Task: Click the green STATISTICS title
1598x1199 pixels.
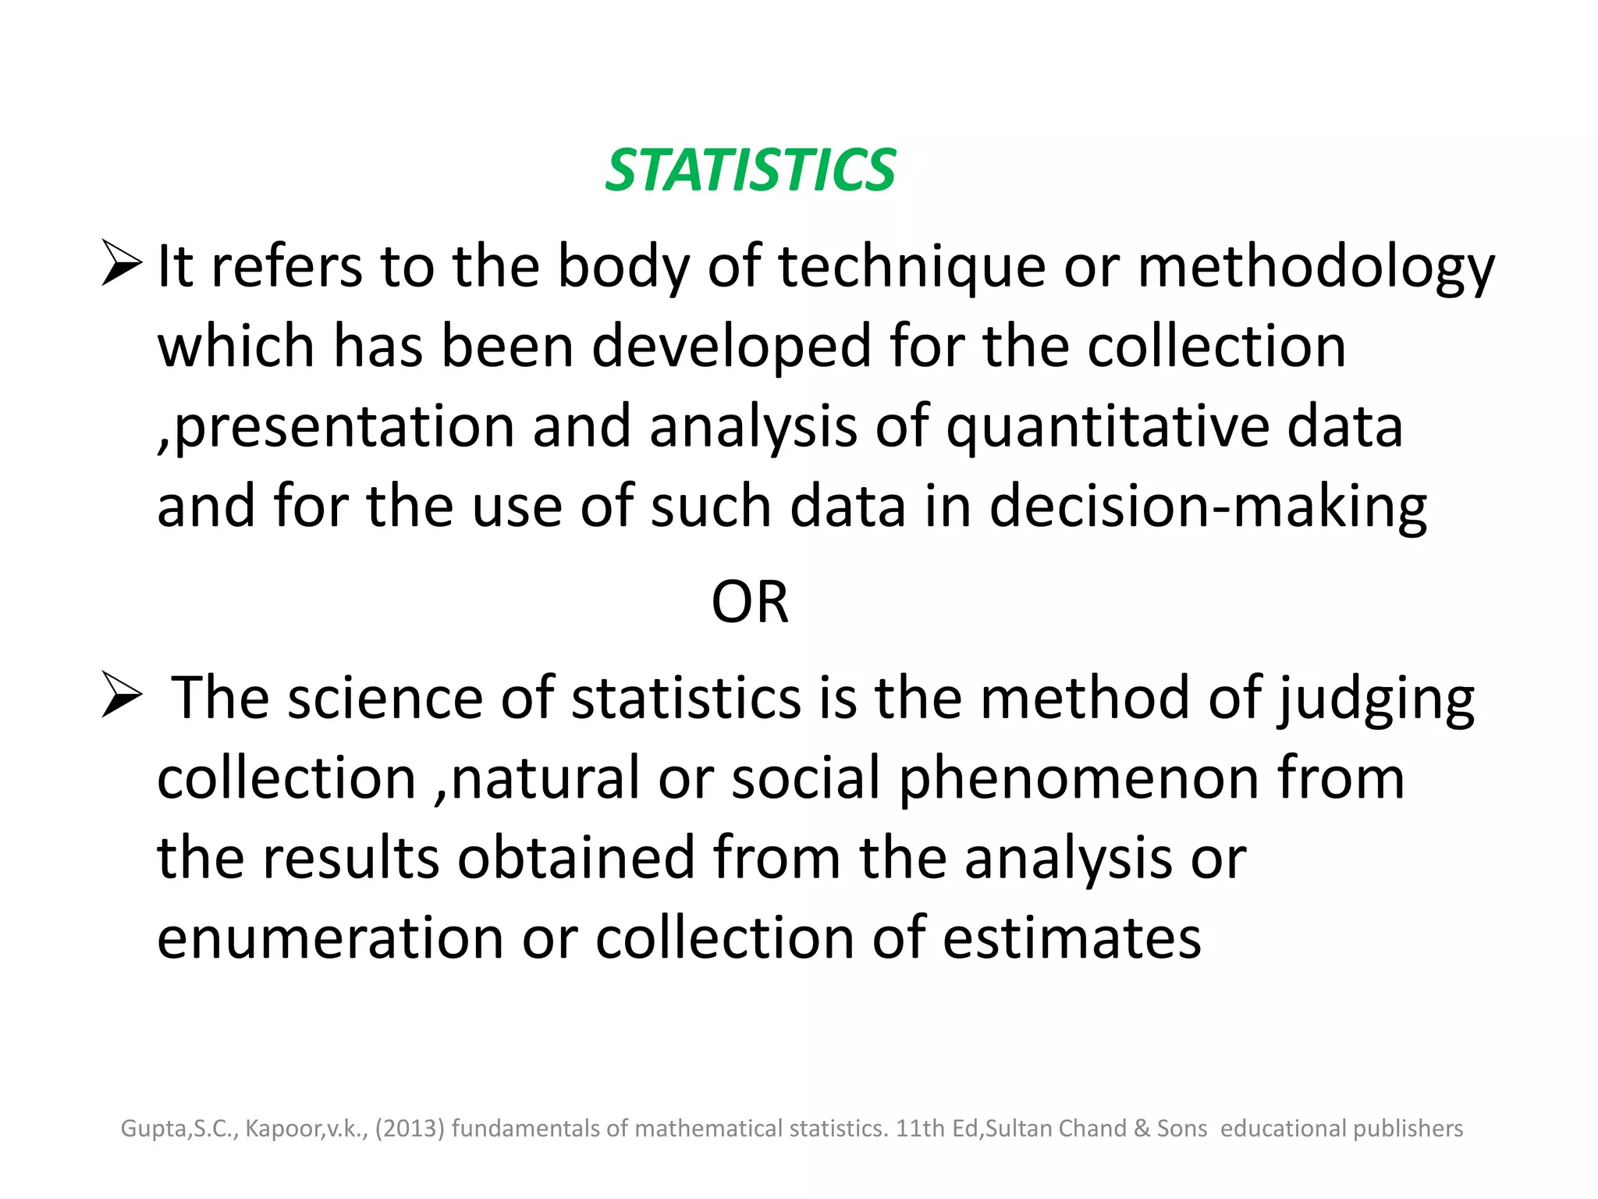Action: point(750,170)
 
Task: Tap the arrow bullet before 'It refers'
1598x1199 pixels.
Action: point(121,263)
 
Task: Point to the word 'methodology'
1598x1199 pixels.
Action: point(1316,268)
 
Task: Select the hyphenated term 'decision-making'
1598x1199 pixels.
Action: point(1209,507)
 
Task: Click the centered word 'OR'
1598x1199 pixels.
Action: point(750,603)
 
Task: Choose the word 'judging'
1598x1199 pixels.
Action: point(1376,699)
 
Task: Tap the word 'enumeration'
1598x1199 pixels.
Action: point(330,937)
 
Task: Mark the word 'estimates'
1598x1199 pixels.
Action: point(1072,937)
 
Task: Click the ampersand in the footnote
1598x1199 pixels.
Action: point(1142,1129)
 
